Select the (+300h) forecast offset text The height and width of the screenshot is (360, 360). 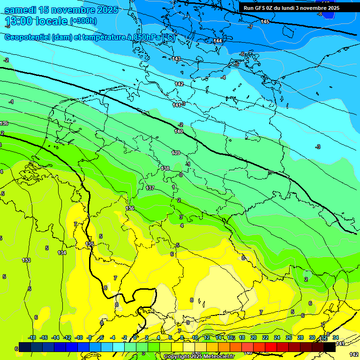point(83,21)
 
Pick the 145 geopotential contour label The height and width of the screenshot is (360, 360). point(265,22)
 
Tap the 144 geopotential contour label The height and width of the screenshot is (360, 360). point(217,41)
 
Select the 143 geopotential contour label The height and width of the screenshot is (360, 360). point(176,59)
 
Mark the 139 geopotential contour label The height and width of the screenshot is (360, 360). point(176,153)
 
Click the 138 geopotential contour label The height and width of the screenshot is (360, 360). point(165,168)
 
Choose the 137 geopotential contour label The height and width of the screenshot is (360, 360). point(150,188)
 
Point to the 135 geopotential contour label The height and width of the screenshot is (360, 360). point(90,244)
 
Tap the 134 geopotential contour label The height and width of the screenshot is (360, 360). point(62,253)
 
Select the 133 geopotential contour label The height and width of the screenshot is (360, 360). point(26,260)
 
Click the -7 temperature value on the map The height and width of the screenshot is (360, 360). point(250,27)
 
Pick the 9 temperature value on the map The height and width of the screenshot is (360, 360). point(188,322)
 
